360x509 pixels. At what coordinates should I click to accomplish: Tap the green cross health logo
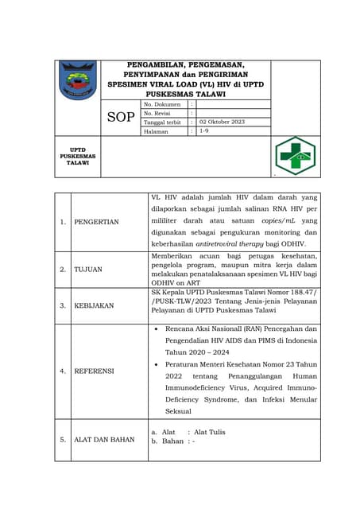coord(295,155)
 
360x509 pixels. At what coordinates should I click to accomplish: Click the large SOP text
coord(121,118)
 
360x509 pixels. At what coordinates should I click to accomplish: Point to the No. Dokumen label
coord(163,104)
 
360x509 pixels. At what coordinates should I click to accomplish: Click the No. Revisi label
coord(160,113)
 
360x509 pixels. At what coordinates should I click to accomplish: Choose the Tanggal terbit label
coord(163,122)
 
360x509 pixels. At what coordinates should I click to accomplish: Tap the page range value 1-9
coord(204,131)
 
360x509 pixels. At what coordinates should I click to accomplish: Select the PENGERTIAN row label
coord(96,222)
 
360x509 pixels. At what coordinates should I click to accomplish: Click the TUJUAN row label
coord(88,270)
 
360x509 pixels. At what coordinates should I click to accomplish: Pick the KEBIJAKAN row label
coord(94,305)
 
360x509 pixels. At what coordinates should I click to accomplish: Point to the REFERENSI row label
coord(94,371)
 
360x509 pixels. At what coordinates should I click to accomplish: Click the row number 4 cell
coord(62,371)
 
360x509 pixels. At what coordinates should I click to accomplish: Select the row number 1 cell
coord(62,222)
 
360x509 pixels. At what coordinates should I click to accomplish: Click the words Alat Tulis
coord(210,432)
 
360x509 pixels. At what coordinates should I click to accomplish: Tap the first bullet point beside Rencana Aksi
coord(156,328)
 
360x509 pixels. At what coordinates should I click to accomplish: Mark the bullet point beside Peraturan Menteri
coord(156,363)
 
